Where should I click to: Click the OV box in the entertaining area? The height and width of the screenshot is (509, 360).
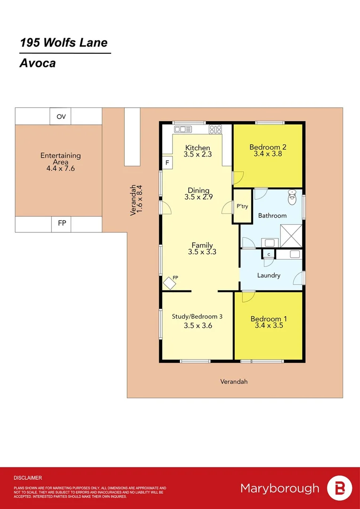tap(61, 116)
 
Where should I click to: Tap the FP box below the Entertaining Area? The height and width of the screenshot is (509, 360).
tap(62, 224)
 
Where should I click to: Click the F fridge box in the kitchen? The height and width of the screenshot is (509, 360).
tap(167, 163)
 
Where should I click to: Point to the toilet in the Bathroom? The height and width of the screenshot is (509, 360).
tap(292, 197)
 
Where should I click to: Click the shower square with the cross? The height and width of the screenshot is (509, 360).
tap(291, 235)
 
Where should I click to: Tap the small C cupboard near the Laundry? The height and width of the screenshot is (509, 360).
tap(269, 254)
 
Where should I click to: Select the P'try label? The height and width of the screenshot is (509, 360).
tap(242, 206)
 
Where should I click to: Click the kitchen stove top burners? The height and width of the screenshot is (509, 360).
tap(215, 129)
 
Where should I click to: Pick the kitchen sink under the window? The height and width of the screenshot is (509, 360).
tap(181, 129)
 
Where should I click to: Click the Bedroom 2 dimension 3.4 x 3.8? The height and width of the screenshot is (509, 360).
tap(268, 153)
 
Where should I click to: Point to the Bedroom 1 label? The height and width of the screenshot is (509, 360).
tap(268, 319)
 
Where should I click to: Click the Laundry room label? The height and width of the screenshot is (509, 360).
tap(269, 275)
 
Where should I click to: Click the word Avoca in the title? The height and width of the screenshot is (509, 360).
tap(37, 63)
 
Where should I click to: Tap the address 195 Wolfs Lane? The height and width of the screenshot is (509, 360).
tap(64, 43)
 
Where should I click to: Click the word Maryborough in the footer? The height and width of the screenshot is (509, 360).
tap(279, 488)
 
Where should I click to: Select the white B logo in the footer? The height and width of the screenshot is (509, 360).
tap(339, 488)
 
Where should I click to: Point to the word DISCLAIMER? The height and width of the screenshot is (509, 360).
tap(28, 477)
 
